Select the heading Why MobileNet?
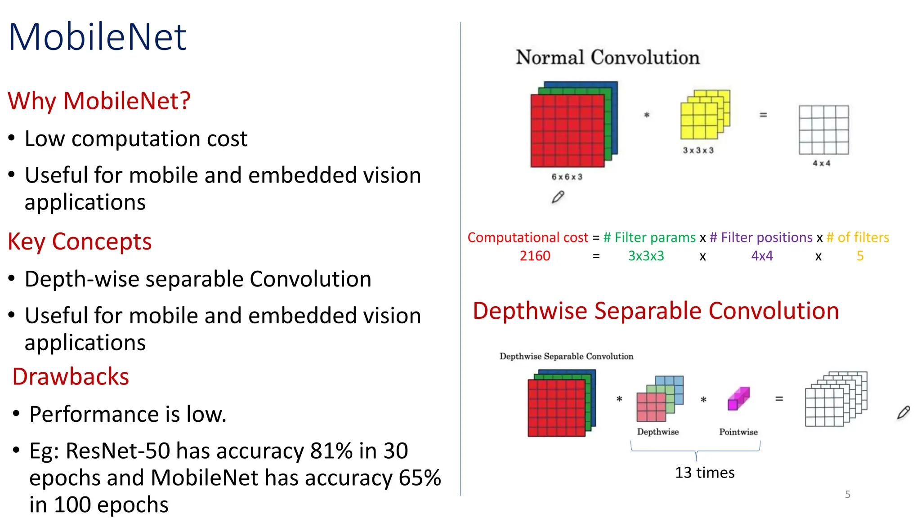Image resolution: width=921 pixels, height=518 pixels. (99, 101)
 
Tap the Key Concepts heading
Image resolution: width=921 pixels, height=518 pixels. (80, 241)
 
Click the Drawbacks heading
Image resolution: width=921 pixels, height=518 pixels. (71, 376)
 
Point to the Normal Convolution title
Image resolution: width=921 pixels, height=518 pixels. (608, 58)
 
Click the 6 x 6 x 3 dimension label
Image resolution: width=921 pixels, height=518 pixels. (567, 177)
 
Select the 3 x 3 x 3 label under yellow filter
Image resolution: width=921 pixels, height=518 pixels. (698, 151)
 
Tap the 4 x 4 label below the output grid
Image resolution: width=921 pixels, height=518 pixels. (821, 164)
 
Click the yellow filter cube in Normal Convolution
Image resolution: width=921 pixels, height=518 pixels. (704, 115)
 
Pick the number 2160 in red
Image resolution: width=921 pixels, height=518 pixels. (535, 256)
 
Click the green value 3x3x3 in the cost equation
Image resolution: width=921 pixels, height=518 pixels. (646, 256)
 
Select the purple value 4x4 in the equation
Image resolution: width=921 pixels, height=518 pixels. (762, 256)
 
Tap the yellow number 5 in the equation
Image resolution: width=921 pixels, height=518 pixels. (860, 256)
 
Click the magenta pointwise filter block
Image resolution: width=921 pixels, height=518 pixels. (738, 399)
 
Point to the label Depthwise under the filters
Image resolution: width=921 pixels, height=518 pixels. (657, 432)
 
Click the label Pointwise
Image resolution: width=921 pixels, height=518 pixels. (738, 432)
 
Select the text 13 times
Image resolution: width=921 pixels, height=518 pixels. (705, 473)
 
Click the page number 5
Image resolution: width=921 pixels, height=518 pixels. (847, 495)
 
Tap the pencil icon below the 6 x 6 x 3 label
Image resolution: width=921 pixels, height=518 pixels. (558, 197)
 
